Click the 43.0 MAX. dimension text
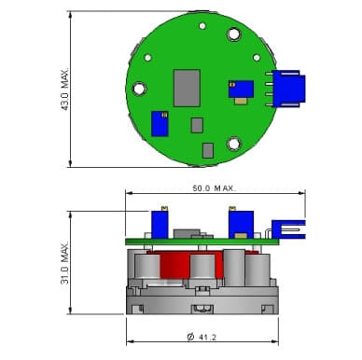(64, 89)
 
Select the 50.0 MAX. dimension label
(215, 188)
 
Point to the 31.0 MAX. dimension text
(64, 262)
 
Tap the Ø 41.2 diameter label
(202, 337)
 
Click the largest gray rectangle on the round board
(187, 89)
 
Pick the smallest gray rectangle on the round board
(208, 150)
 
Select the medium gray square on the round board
(197, 125)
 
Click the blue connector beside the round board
(289, 89)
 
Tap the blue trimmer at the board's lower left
(160, 124)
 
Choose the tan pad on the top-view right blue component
(241, 101)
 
